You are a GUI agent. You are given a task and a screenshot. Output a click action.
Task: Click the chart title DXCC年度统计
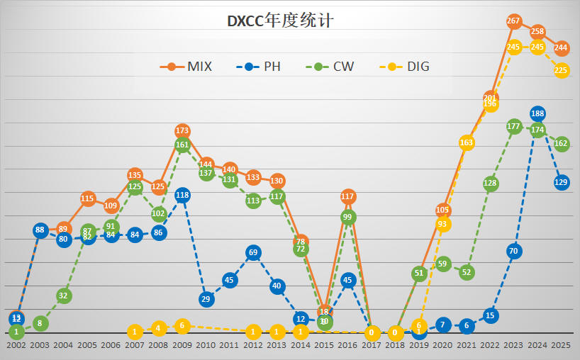[280, 21]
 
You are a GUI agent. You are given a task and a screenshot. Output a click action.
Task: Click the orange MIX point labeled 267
[514, 21]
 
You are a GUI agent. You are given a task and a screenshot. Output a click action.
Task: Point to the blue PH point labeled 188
[537, 113]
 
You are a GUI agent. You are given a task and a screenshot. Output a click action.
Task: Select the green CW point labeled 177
[514, 126]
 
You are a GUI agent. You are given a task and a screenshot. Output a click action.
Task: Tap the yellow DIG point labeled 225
[562, 70]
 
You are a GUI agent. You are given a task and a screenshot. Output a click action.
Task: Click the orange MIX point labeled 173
[182, 130]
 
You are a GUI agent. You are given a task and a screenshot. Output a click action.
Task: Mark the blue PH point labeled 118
[182, 195]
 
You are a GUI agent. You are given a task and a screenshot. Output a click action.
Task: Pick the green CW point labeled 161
[182, 145]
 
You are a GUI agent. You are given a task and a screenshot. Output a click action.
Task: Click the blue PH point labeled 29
[206, 299]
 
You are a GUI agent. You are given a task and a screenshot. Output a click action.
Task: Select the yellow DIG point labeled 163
[467, 142]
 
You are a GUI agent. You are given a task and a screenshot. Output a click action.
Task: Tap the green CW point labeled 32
[64, 296]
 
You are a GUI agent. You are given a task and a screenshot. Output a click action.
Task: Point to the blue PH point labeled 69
[254, 252]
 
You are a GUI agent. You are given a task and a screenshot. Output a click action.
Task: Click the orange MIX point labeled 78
[301, 242]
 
